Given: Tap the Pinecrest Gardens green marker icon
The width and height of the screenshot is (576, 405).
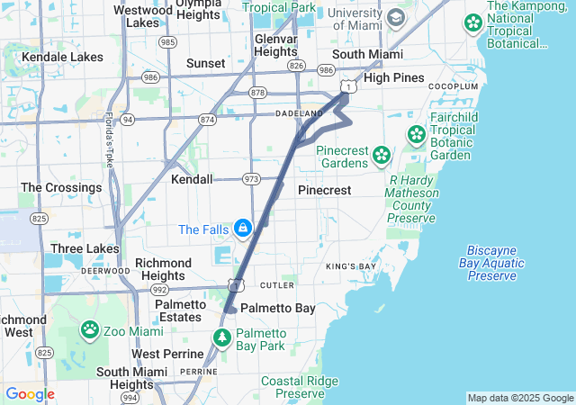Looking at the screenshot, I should pos(382,155).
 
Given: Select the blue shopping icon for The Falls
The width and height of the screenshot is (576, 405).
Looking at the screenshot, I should pos(242,229).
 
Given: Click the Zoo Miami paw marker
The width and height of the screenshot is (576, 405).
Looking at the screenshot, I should pos(90,330).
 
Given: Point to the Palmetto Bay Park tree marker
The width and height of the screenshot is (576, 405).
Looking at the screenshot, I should pos(223,338).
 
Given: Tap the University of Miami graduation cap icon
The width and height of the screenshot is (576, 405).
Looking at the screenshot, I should pos(395,18).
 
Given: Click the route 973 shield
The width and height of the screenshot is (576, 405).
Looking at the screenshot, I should pos(251,179).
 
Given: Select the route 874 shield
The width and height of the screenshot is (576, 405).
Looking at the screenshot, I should pos(208,119).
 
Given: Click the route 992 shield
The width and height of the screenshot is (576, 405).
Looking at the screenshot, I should pos(159,290).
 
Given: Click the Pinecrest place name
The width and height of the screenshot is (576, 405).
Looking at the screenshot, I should pos(324,191).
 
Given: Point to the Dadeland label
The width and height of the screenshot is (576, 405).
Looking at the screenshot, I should pos(299,113).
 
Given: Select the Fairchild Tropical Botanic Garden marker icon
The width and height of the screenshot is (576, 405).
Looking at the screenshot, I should pos(417,136).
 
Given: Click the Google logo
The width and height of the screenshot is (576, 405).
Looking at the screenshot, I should pos(30,394).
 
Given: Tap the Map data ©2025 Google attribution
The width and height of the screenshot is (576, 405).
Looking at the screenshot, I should pos(519,398).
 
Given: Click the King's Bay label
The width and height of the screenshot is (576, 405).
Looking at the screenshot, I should pos(350,266).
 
